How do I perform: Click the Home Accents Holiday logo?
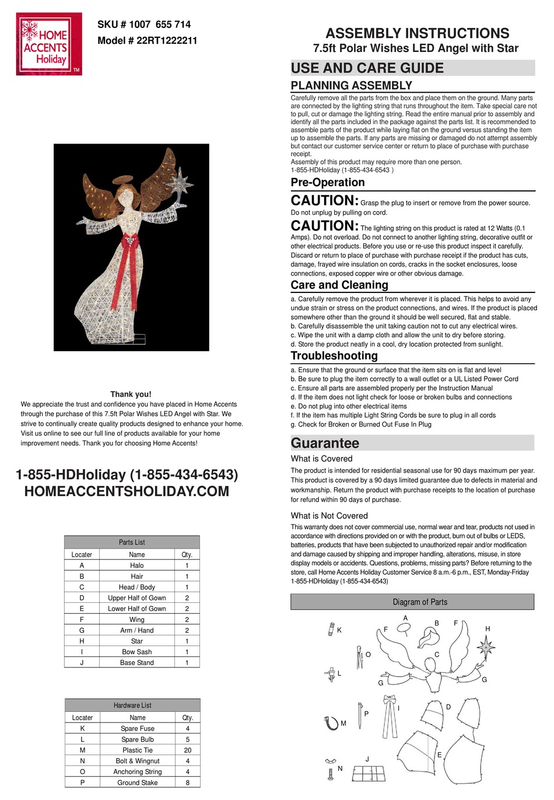(49, 44)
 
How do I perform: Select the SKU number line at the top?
(144, 25)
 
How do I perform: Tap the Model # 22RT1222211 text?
(147, 41)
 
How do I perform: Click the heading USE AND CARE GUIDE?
(367, 68)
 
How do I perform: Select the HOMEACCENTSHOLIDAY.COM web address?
(127, 491)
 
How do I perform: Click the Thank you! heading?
(131, 394)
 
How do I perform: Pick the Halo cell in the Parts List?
(136, 565)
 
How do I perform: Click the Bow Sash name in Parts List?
(136, 652)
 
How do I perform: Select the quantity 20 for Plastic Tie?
(187, 750)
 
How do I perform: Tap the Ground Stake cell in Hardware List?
(137, 782)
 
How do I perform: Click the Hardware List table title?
(132, 705)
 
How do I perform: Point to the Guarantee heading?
(325, 443)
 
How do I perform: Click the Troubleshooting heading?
(334, 356)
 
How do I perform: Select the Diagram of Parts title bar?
(412, 602)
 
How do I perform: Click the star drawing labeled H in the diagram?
(485, 647)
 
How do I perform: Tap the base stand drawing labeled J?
(369, 774)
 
